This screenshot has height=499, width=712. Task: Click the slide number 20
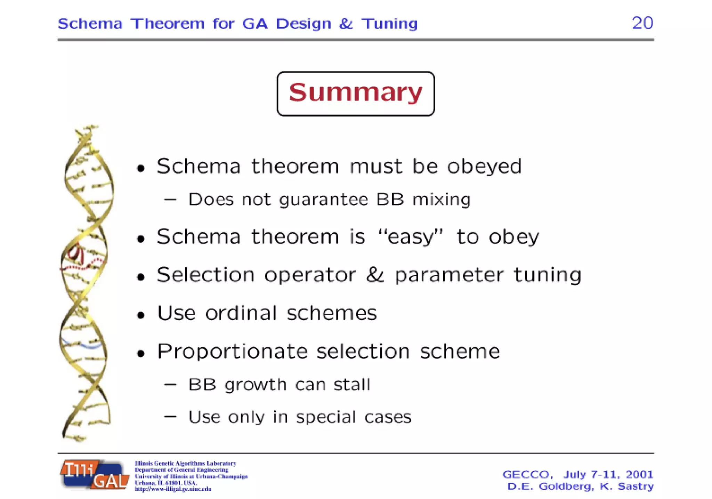pyautogui.click(x=642, y=23)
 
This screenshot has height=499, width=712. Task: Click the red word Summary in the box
pyautogui.click(x=355, y=92)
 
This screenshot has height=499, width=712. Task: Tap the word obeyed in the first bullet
pyautogui.click(x=484, y=167)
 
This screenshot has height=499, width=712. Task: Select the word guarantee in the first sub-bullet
pyautogui.click(x=323, y=200)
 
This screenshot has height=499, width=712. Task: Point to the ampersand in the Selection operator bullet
pyautogui.click(x=375, y=275)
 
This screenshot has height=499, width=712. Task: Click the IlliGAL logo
pyautogui.click(x=95, y=475)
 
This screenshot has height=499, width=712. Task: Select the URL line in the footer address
pyautogui.click(x=173, y=489)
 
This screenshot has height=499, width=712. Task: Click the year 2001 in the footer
pyautogui.click(x=639, y=474)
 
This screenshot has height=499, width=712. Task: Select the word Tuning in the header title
pyautogui.click(x=389, y=24)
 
